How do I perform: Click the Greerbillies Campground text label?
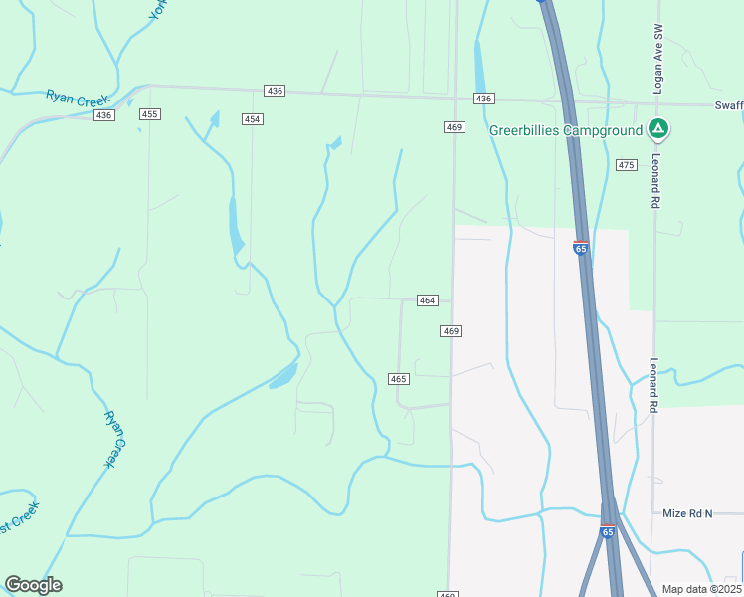pyautogui.click(x=566, y=130)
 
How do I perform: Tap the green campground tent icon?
pyautogui.click(x=657, y=129)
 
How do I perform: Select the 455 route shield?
pyautogui.click(x=150, y=115)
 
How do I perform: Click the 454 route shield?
pyautogui.click(x=253, y=119)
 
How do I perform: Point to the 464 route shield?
pyautogui.click(x=428, y=300)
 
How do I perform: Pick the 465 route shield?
pyautogui.click(x=399, y=379)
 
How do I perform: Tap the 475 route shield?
pyautogui.click(x=626, y=165)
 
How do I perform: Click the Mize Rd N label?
pyautogui.click(x=688, y=513)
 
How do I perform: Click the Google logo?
pyautogui.click(x=33, y=585)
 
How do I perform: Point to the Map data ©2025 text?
pyautogui.click(x=702, y=589)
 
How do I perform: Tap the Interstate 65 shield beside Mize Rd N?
pyautogui.click(x=607, y=532)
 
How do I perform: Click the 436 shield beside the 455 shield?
pyautogui.click(x=103, y=115)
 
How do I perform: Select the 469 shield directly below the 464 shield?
pyautogui.click(x=451, y=330)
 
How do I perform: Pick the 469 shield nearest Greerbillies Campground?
pyautogui.click(x=455, y=127)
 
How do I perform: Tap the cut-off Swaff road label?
pyautogui.click(x=728, y=105)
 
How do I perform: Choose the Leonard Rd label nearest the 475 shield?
pyautogui.click(x=656, y=180)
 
